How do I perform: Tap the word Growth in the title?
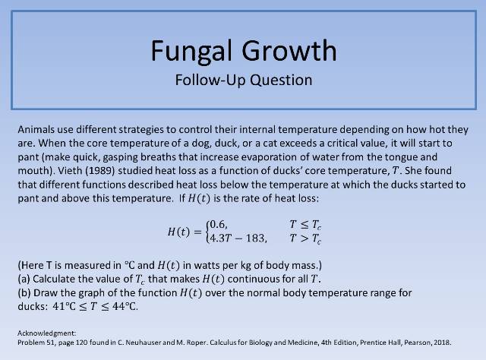[x=289, y=50]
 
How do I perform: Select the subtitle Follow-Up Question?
[x=243, y=78]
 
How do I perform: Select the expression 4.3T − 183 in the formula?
[x=237, y=238]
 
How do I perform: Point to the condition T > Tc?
[x=305, y=238]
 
